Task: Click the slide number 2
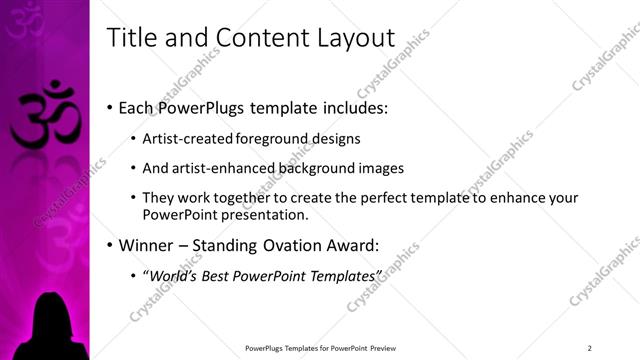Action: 590,347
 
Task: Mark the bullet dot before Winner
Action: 109,245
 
